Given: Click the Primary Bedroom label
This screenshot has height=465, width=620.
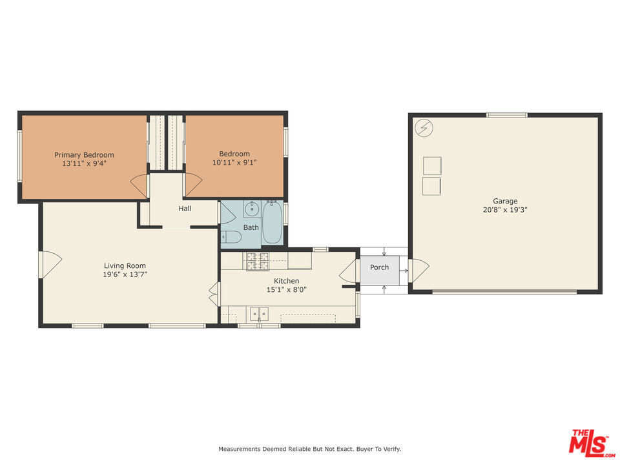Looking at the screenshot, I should [84, 155].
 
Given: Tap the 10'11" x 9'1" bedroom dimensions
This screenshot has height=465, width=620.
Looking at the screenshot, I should [234, 163].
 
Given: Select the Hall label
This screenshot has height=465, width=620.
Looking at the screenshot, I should [185, 209].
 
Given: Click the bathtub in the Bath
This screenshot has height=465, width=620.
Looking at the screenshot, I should [272, 223].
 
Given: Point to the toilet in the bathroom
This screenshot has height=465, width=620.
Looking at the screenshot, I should [231, 237].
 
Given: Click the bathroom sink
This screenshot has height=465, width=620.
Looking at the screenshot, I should [252, 209].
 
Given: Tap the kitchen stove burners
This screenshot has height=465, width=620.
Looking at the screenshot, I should [258, 260].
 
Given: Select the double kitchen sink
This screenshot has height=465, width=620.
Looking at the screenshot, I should [260, 314].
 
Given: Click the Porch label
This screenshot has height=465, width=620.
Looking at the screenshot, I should [379, 267].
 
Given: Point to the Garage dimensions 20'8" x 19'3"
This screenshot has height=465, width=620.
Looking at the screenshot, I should [505, 210].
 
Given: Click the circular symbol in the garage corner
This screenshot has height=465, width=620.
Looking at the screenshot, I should [424, 128].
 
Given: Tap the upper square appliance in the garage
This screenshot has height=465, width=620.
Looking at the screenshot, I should [431, 165].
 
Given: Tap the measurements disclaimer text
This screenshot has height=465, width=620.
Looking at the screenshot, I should [309, 449].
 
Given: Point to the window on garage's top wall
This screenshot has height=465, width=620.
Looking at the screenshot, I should [506, 115].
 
